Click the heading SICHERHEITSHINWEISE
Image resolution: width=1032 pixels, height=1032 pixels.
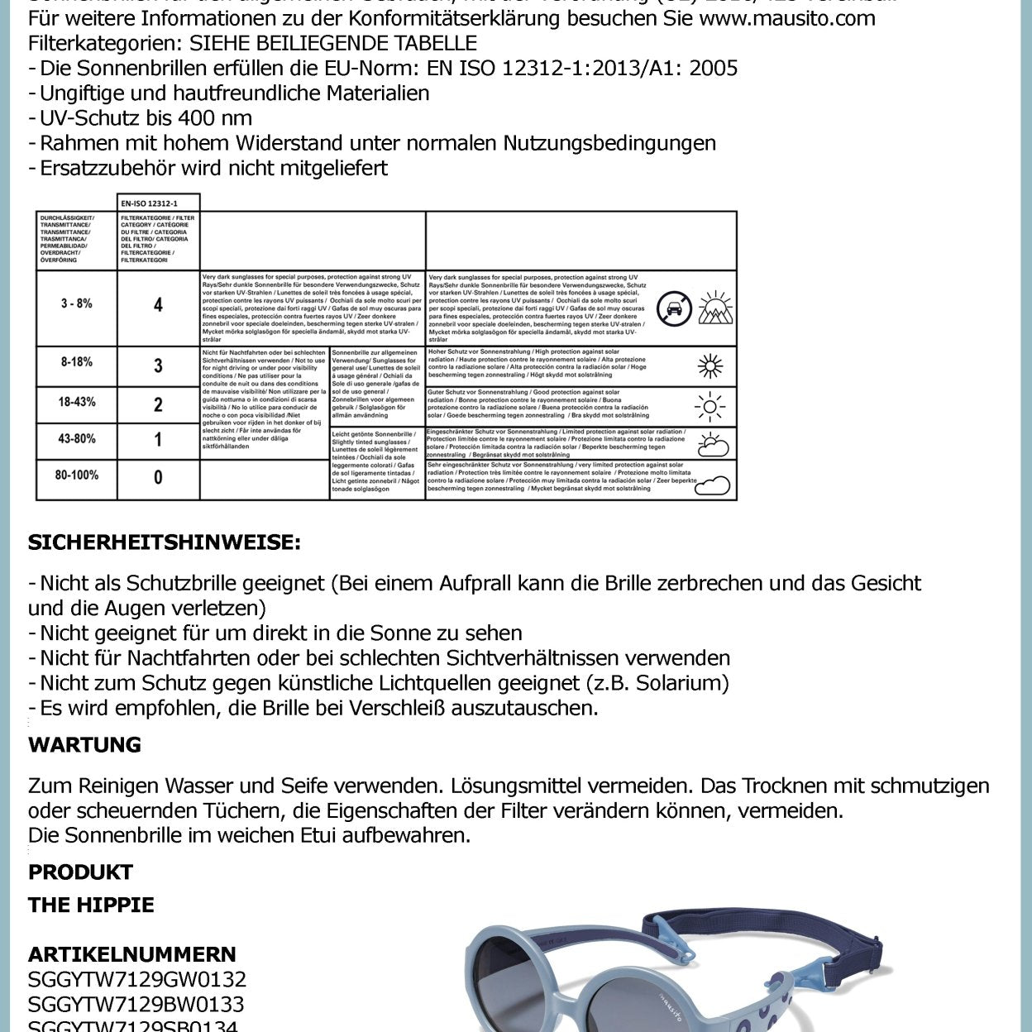point(164,542)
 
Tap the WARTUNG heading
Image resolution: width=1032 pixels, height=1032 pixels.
point(84,744)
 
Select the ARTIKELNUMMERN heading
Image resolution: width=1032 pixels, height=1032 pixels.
point(132,953)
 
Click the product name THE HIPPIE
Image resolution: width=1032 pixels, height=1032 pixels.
point(91,905)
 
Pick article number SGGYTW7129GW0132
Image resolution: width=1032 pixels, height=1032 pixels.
point(137,979)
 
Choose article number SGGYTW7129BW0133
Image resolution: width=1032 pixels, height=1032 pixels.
point(136,1004)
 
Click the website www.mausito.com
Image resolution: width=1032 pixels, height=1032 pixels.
point(786,18)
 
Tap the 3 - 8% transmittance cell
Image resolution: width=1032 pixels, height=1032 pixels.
point(76,303)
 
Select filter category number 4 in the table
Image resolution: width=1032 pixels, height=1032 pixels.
point(158,305)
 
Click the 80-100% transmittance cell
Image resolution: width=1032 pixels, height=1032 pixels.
point(76,475)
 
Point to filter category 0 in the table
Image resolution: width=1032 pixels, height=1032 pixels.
point(158,477)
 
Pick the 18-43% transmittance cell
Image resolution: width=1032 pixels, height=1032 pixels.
point(76,402)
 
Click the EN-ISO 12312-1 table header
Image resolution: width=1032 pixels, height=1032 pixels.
point(159,203)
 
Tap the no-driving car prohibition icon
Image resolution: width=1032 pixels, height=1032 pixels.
point(674,308)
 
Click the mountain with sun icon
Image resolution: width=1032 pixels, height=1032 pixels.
point(715,308)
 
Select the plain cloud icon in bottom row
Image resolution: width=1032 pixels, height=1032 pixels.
point(712,485)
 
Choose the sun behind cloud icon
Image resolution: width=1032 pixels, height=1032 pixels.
point(712,445)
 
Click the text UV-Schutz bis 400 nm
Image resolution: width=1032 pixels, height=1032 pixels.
point(146,117)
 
